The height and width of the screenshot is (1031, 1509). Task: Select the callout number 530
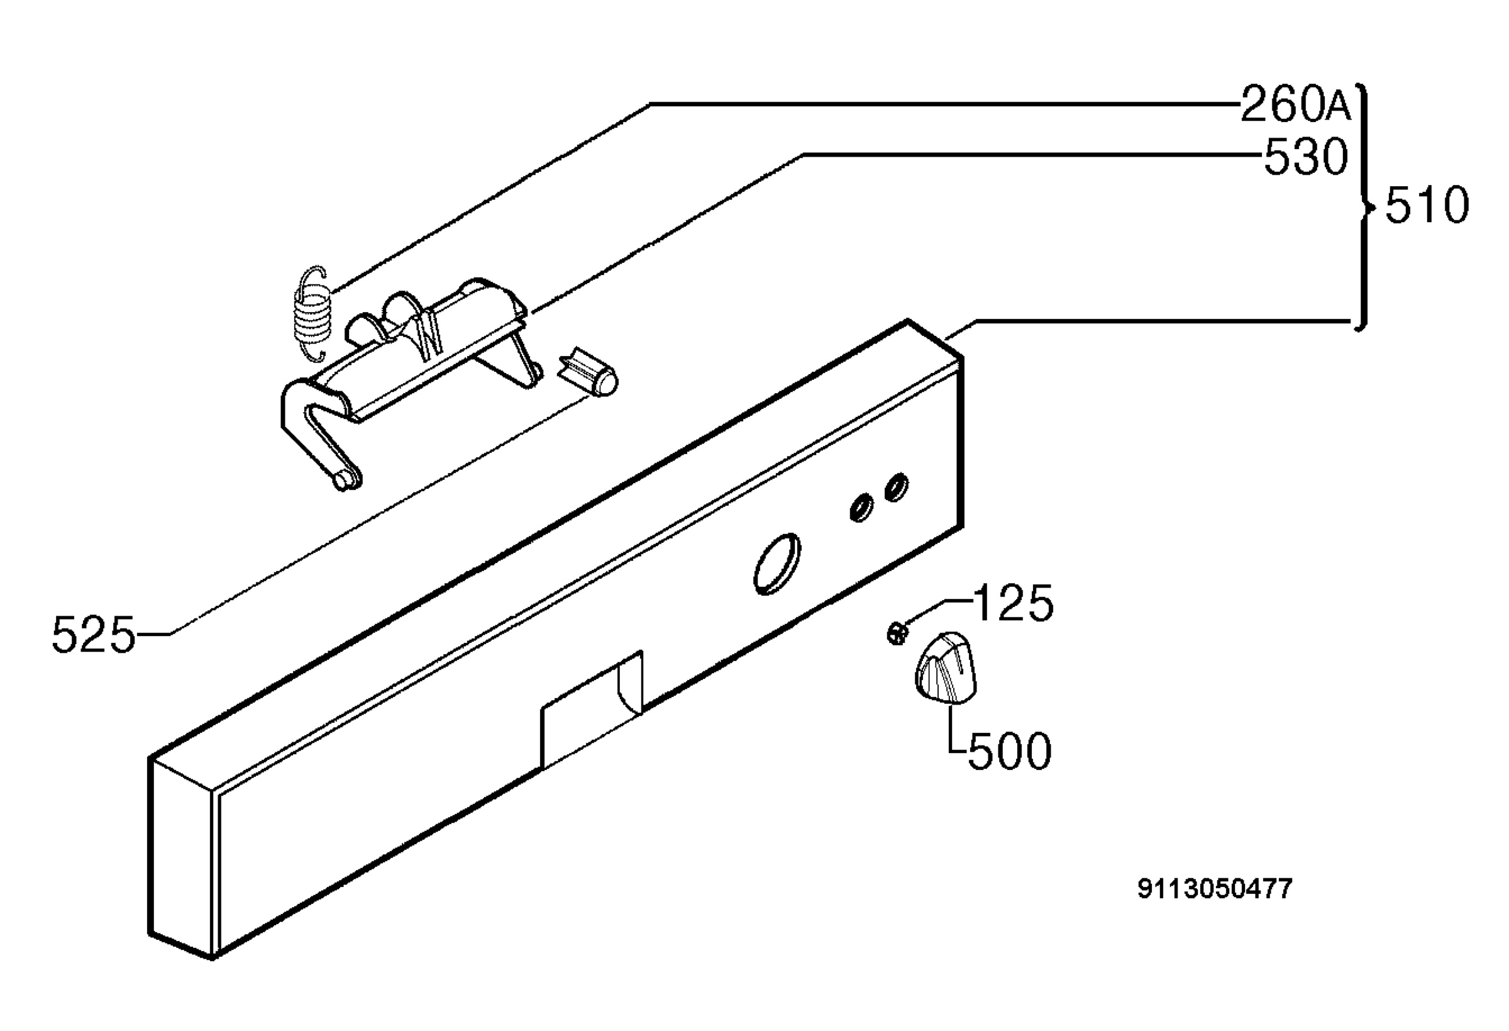pos(1306,157)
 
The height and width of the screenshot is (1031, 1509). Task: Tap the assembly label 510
pos(1427,205)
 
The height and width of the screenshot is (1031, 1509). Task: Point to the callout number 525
pos(94,634)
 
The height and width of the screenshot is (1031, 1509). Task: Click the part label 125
pos(1014,603)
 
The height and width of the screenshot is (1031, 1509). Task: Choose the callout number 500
pos(1009,751)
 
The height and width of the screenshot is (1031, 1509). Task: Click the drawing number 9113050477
pos(1215,888)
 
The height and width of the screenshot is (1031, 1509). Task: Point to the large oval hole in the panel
pos(777,564)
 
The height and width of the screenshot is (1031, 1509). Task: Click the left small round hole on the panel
pos(861,508)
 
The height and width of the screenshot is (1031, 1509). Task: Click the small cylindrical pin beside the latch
pos(588,374)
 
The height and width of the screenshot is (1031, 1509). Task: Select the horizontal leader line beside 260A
pos(946,103)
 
